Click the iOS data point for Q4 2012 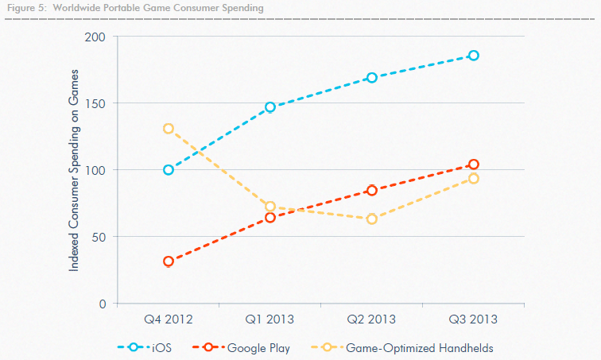pos(169,169)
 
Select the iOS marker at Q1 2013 pos(270,107)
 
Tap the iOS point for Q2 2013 pos(372,77)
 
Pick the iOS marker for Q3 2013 pos(474,55)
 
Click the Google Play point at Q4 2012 pos(169,261)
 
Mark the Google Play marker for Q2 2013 pos(372,190)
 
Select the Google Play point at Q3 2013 pos(474,165)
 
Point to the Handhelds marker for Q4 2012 pos(169,129)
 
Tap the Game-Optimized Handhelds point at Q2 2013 pos(372,219)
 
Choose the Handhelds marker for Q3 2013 pos(474,178)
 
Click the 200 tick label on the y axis pos(96,37)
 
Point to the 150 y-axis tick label pos(96,103)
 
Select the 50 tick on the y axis pos(99,237)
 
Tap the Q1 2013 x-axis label pos(270,319)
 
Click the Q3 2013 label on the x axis pos(474,319)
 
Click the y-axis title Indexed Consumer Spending pos(74,170)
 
